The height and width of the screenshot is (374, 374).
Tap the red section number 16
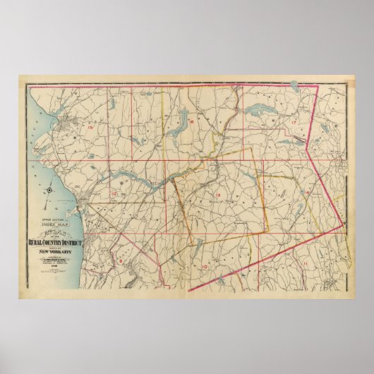191,122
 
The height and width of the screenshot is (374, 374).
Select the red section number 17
292,123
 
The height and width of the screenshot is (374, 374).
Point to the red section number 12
114,193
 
